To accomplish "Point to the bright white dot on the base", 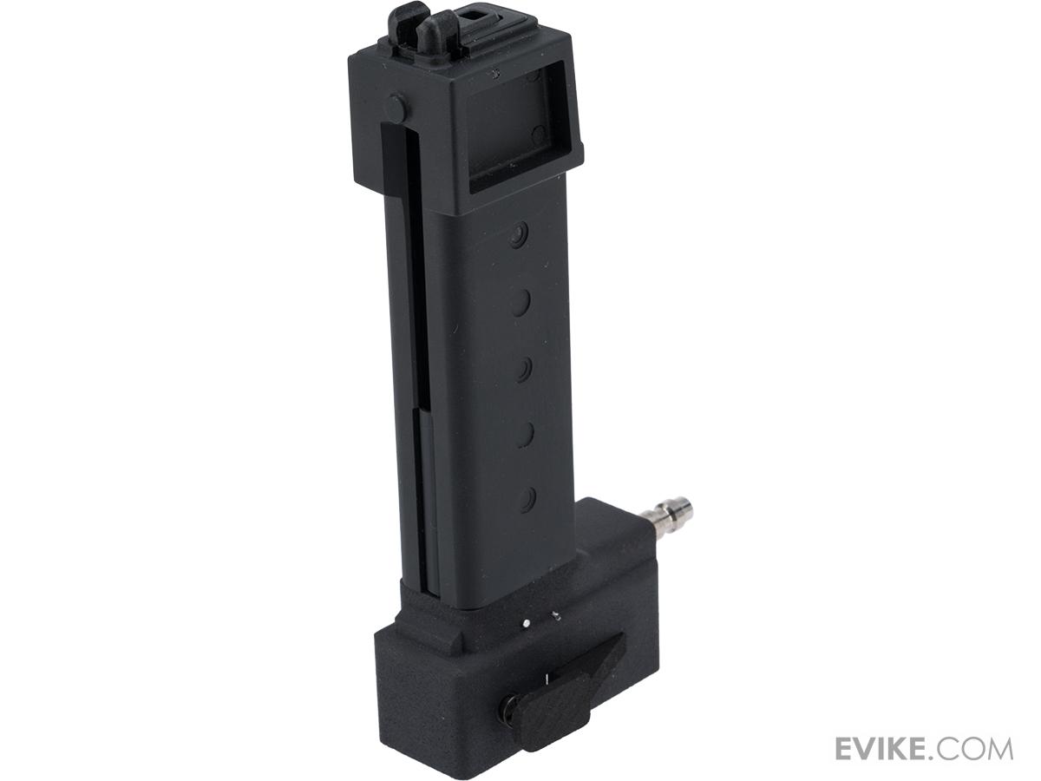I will point(527,622).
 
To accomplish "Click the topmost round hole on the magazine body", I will point(519,234).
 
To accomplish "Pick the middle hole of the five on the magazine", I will point(524,369).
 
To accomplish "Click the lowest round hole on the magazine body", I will point(526,497).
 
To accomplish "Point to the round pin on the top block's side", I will point(395,108).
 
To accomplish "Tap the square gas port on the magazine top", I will point(475,14).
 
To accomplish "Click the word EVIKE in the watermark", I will point(885,748).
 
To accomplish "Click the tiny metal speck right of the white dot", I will point(556,617).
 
